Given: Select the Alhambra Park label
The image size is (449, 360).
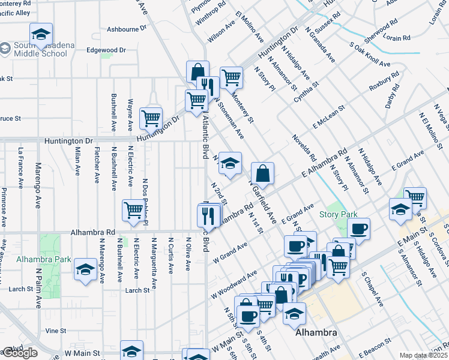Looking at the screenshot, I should tap(35, 259).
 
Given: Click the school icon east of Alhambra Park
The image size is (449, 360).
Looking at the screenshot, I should tap(86, 269).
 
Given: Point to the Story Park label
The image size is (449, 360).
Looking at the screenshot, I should tap(338, 214).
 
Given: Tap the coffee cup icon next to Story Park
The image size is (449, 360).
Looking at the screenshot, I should tap(358, 229).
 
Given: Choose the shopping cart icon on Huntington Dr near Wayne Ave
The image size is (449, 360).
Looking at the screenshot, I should tap(151, 118).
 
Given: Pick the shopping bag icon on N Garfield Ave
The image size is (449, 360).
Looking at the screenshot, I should tap(262, 175).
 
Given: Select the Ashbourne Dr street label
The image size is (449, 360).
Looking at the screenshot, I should tap(127, 28).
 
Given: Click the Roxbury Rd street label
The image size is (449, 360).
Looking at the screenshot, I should tap(384, 82).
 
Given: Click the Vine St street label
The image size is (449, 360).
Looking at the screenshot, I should tap(56, 330).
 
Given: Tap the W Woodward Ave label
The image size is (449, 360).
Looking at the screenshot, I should tap(234, 286).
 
